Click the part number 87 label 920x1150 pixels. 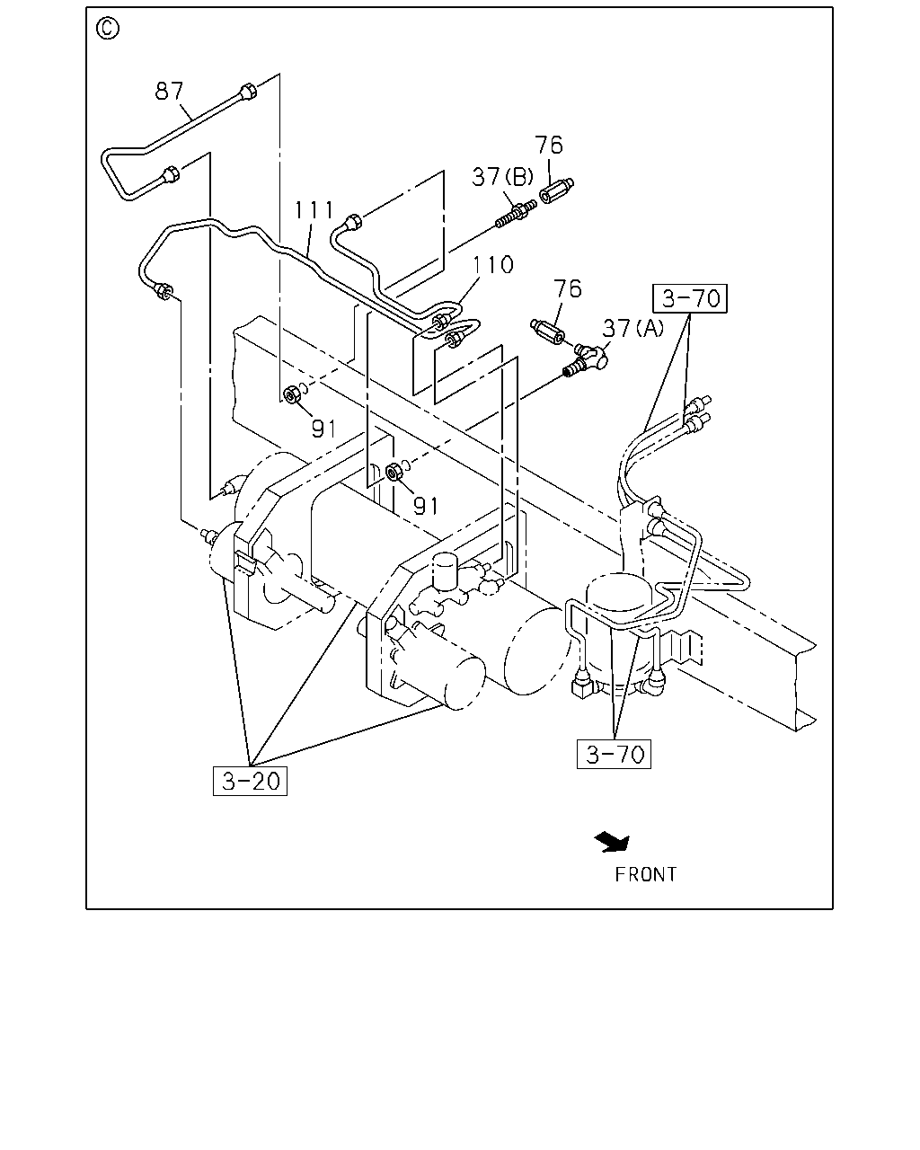tap(169, 91)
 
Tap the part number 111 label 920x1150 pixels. tap(314, 210)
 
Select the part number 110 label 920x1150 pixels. tap(492, 264)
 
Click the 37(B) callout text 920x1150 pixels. tap(502, 177)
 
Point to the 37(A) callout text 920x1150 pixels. tap(632, 328)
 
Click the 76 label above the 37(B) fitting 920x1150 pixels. tap(549, 145)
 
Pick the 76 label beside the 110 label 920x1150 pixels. tap(567, 288)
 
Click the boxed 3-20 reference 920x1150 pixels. tap(250, 781)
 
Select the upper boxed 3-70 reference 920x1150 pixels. tap(690, 298)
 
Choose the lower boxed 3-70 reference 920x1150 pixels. tap(614, 754)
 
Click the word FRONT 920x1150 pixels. tap(646, 875)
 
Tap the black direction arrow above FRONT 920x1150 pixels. tap(613, 842)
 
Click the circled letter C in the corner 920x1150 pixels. tap(108, 29)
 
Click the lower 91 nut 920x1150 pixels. tap(394, 472)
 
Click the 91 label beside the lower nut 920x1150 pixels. tap(426, 505)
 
